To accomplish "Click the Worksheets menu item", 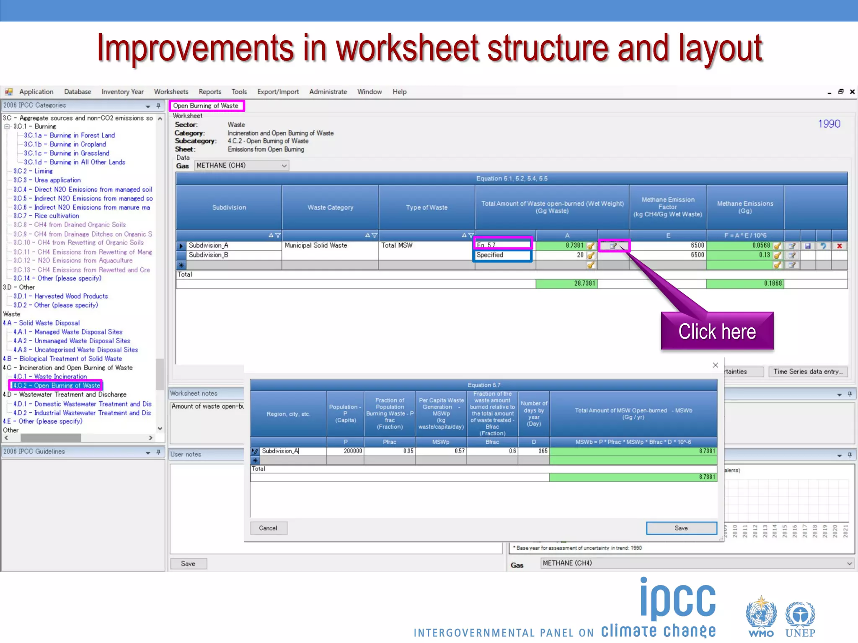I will [x=171, y=92].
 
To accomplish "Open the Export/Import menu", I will [x=278, y=92].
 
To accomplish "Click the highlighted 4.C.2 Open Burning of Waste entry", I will [x=56, y=385].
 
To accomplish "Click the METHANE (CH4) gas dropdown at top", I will [x=241, y=165].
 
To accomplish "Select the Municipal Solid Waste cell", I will [x=316, y=245].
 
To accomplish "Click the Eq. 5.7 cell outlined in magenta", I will [x=503, y=245].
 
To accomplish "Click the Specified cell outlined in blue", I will [x=503, y=255].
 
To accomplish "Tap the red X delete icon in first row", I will [x=839, y=246].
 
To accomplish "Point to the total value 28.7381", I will [x=584, y=283].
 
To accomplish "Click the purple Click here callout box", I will [x=717, y=332].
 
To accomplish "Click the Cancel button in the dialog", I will [x=268, y=528].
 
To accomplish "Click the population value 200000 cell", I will [x=345, y=451].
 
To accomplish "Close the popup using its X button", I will [x=716, y=365].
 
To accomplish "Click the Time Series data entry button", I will [x=807, y=371].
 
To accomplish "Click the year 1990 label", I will [x=829, y=124].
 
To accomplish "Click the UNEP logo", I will [x=800, y=620].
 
